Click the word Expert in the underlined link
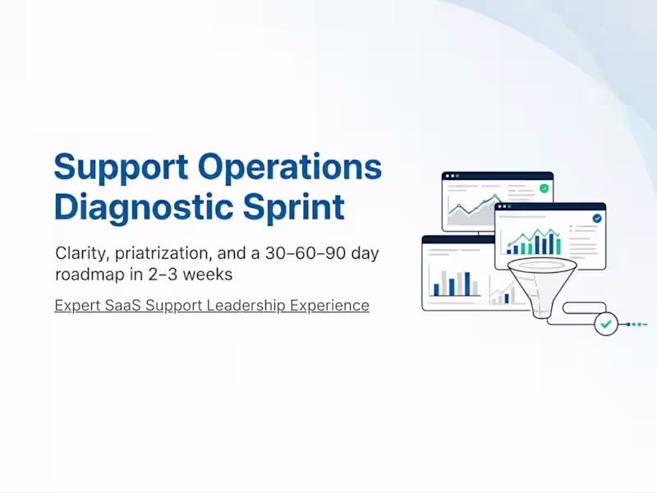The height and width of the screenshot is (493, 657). click(x=77, y=306)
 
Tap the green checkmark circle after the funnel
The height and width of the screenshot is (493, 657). click(x=606, y=324)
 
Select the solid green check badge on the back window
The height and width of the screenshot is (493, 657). click(x=544, y=188)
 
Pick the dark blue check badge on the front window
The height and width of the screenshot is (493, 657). click(x=596, y=219)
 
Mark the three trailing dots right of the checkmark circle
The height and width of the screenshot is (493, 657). click(x=640, y=325)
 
